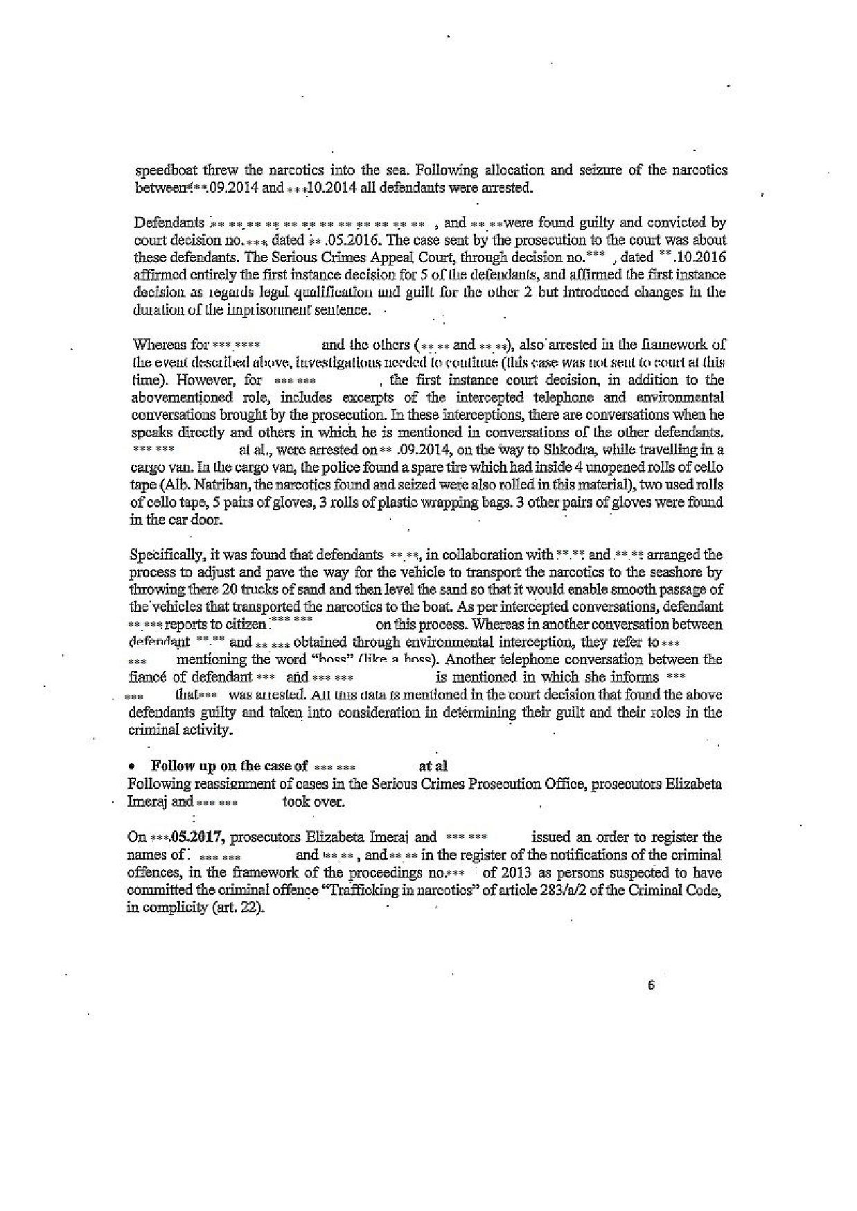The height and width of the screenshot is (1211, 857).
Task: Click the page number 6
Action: (x=651, y=986)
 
